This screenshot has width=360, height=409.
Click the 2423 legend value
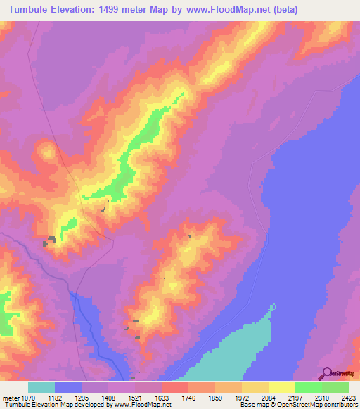[349, 398]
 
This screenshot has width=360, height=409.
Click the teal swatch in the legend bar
[41, 387]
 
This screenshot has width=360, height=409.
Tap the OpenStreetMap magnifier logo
[326, 373]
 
